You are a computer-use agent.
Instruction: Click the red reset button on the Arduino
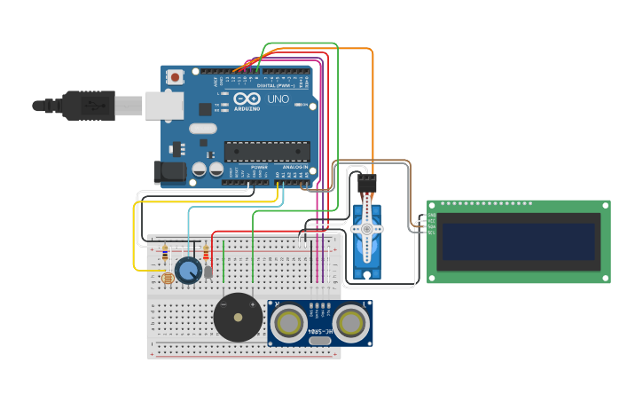tap(176, 77)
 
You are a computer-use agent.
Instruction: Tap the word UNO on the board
tap(278, 100)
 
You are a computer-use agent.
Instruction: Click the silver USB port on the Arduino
tap(165, 106)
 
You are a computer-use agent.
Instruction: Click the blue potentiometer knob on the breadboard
tap(188, 271)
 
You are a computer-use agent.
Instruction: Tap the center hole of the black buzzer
tap(238, 317)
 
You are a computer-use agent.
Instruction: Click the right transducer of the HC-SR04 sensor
tap(351, 323)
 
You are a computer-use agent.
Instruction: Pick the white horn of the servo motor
tap(365, 229)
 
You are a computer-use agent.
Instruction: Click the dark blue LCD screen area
tap(519, 241)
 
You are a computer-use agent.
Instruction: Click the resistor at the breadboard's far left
tap(163, 255)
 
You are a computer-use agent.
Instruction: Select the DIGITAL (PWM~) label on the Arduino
tap(277, 86)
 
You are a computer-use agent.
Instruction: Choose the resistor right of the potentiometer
tap(207, 254)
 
